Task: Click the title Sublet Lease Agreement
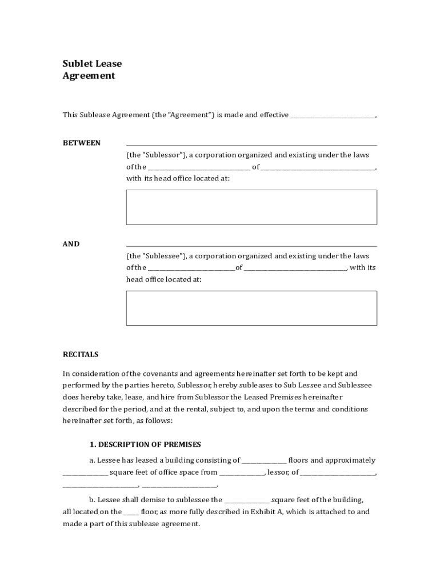pyautogui.click(x=92, y=70)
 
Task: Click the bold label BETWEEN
pyautogui.click(x=82, y=143)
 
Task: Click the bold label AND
pyautogui.click(x=71, y=244)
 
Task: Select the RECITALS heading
pyautogui.click(x=81, y=354)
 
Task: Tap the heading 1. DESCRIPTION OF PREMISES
pyautogui.click(x=145, y=444)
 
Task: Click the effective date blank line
pyautogui.click(x=333, y=116)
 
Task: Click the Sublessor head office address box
pyautogui.click(x=251, y=207)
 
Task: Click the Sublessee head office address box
pyautogui.click(x=251, y=308)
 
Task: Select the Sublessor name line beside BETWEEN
pyautogui.click(x=251, y=145)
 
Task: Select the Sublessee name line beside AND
pyautogui.click(x=251, y=246)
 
